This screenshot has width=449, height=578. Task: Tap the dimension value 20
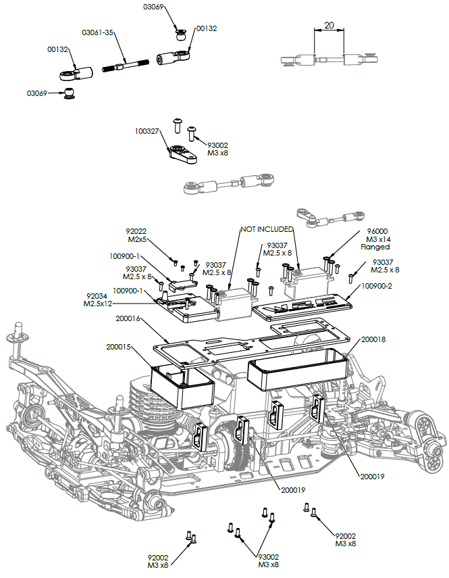[x=329, y=25]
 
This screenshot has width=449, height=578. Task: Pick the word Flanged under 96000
[x=375, y=247]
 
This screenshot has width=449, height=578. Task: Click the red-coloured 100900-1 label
[x=124, y=256]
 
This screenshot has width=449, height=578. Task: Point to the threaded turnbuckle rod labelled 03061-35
[x=125, y=66]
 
